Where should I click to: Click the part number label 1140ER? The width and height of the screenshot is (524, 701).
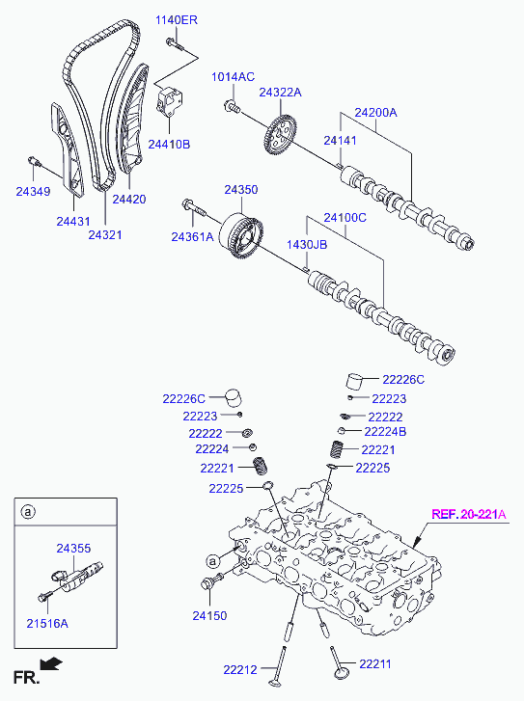tap(177, 20)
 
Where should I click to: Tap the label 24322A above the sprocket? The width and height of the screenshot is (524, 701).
tap(280, 93)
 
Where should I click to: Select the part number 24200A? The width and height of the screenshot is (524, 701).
tap(375, 112)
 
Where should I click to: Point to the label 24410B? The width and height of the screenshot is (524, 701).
tap(169, 144)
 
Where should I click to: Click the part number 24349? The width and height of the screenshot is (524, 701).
tap(33, 191)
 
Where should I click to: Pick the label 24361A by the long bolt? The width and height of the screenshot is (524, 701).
tap(192, 236)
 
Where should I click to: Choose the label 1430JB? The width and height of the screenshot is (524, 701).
tap(307, 245)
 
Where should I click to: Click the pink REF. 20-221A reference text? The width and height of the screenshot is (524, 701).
tap(469, 514)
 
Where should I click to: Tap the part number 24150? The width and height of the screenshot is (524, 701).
tap(209, 615)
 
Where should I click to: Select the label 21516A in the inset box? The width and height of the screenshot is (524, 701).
tap(47, 623)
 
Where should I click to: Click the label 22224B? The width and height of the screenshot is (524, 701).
tap(385, 431)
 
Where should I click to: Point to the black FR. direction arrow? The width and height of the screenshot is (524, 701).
tap(51, 663)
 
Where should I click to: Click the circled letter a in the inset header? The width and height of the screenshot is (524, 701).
tap(28, 511)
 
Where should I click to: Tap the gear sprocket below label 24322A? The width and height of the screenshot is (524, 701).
tap(279, 135)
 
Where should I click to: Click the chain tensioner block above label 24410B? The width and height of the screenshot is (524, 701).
tap(169, 100)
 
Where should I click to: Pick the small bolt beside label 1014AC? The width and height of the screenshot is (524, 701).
tap(232, 106)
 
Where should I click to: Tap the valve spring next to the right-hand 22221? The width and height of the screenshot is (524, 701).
tap(338, 449)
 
